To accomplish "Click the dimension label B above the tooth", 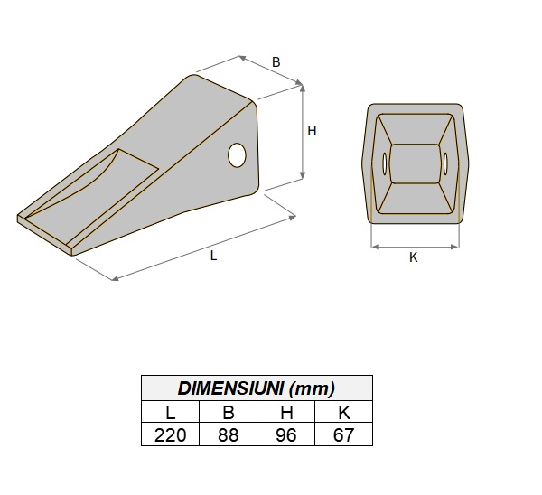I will coord(276,62).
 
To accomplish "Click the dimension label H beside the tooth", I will coord(313,131).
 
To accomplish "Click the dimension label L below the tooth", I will coord(213,256).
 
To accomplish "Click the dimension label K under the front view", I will coord(414,257).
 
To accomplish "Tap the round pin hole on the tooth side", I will coord(238,155).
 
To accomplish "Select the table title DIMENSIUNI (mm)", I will coord(257,389).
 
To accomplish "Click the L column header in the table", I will coord(170,413).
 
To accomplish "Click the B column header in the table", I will coord(228,413).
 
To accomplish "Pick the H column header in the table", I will coord(285,413).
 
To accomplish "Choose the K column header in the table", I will coord(342,413).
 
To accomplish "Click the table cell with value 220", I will coord(170,435).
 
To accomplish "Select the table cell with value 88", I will coord(228,435).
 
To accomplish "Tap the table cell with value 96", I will coord(285,435).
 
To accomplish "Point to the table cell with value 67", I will coord(342,435).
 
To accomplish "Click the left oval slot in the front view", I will coord(386,164).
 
